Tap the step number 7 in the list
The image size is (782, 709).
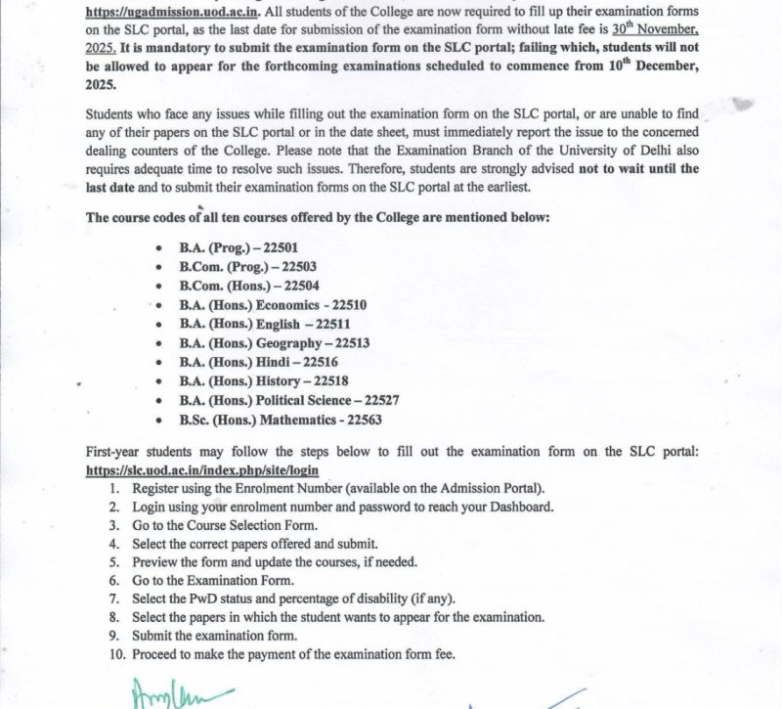113,598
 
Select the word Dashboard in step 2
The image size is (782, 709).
519,506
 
